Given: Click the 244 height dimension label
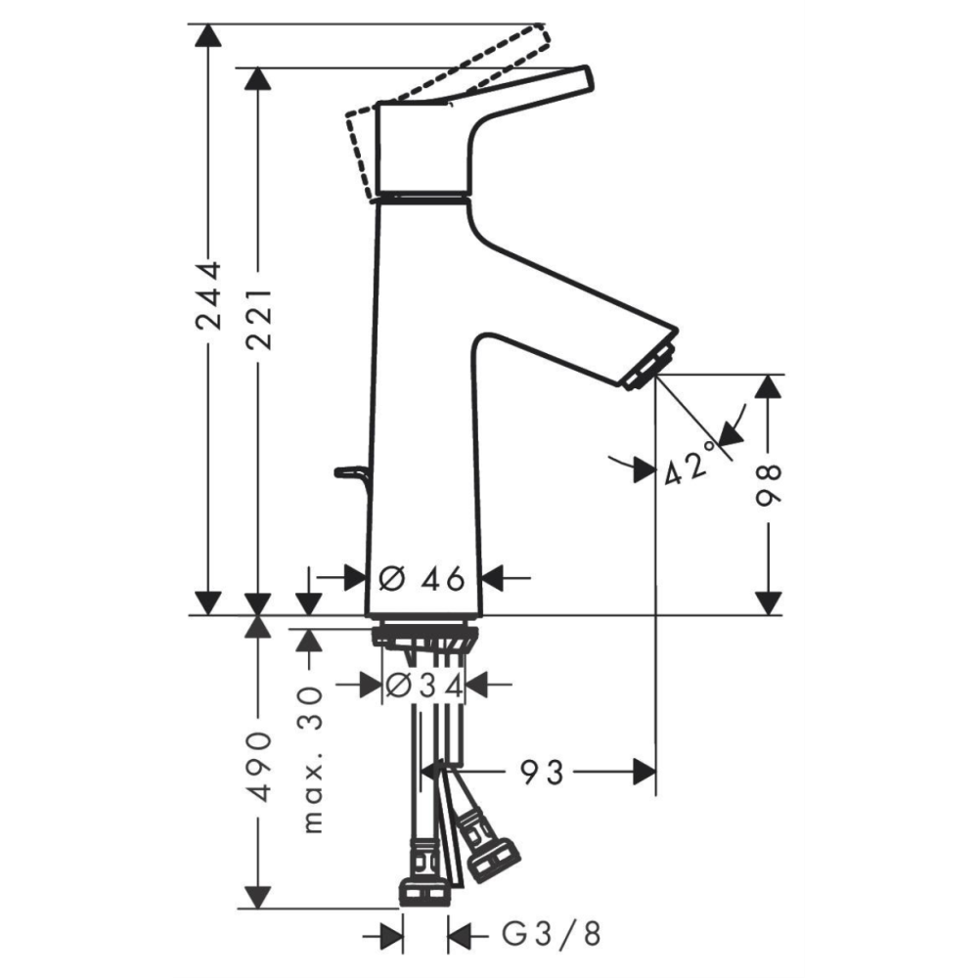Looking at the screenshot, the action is click(208, 295).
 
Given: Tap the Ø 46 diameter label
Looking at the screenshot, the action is click(422, 579).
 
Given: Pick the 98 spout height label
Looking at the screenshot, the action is click(769, 485).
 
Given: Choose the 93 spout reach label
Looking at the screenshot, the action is click(542, 773).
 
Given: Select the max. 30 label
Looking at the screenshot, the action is click(312, 760).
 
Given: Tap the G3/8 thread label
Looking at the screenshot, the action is click(552, 934).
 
